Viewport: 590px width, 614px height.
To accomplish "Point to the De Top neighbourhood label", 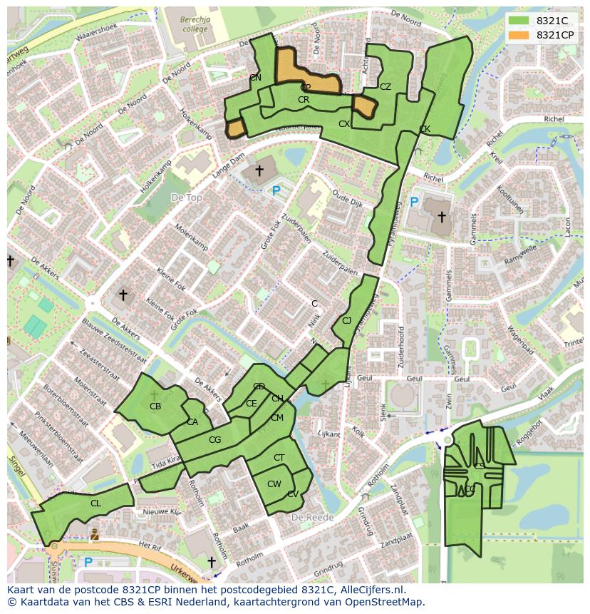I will click(x=187, y=197).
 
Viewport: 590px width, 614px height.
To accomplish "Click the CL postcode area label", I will click(x=95, y=503).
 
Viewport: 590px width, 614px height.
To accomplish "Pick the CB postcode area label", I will click(x=155, y=406).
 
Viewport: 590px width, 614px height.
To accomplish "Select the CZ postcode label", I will click(x=385, y=87).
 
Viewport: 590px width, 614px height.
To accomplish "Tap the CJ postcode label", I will click(x=347, y=321).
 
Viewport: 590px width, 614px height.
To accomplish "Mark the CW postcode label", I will click(x=274, y=484).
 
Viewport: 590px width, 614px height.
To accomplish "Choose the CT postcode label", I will click(x=279, y=458).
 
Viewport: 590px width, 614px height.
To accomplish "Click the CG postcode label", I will click(x=214, y=440).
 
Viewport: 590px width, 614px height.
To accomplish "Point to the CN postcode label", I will click(x=255, y=77).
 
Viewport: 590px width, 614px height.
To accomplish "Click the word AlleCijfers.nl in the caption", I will click(x=371, y=590).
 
